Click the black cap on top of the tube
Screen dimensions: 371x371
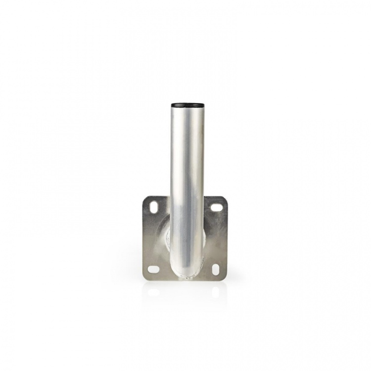point(187,105)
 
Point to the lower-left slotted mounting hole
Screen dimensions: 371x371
point(154,270)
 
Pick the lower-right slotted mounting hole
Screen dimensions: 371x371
point(216,270)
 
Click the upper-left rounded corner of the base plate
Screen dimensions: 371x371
point(145,198)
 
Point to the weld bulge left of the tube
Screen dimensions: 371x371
point(167,237)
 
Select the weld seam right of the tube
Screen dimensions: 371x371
point(206,237)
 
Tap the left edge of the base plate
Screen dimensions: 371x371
point(143,237)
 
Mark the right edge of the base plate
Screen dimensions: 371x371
point(227,237)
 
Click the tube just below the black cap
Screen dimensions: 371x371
point(187,116)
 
